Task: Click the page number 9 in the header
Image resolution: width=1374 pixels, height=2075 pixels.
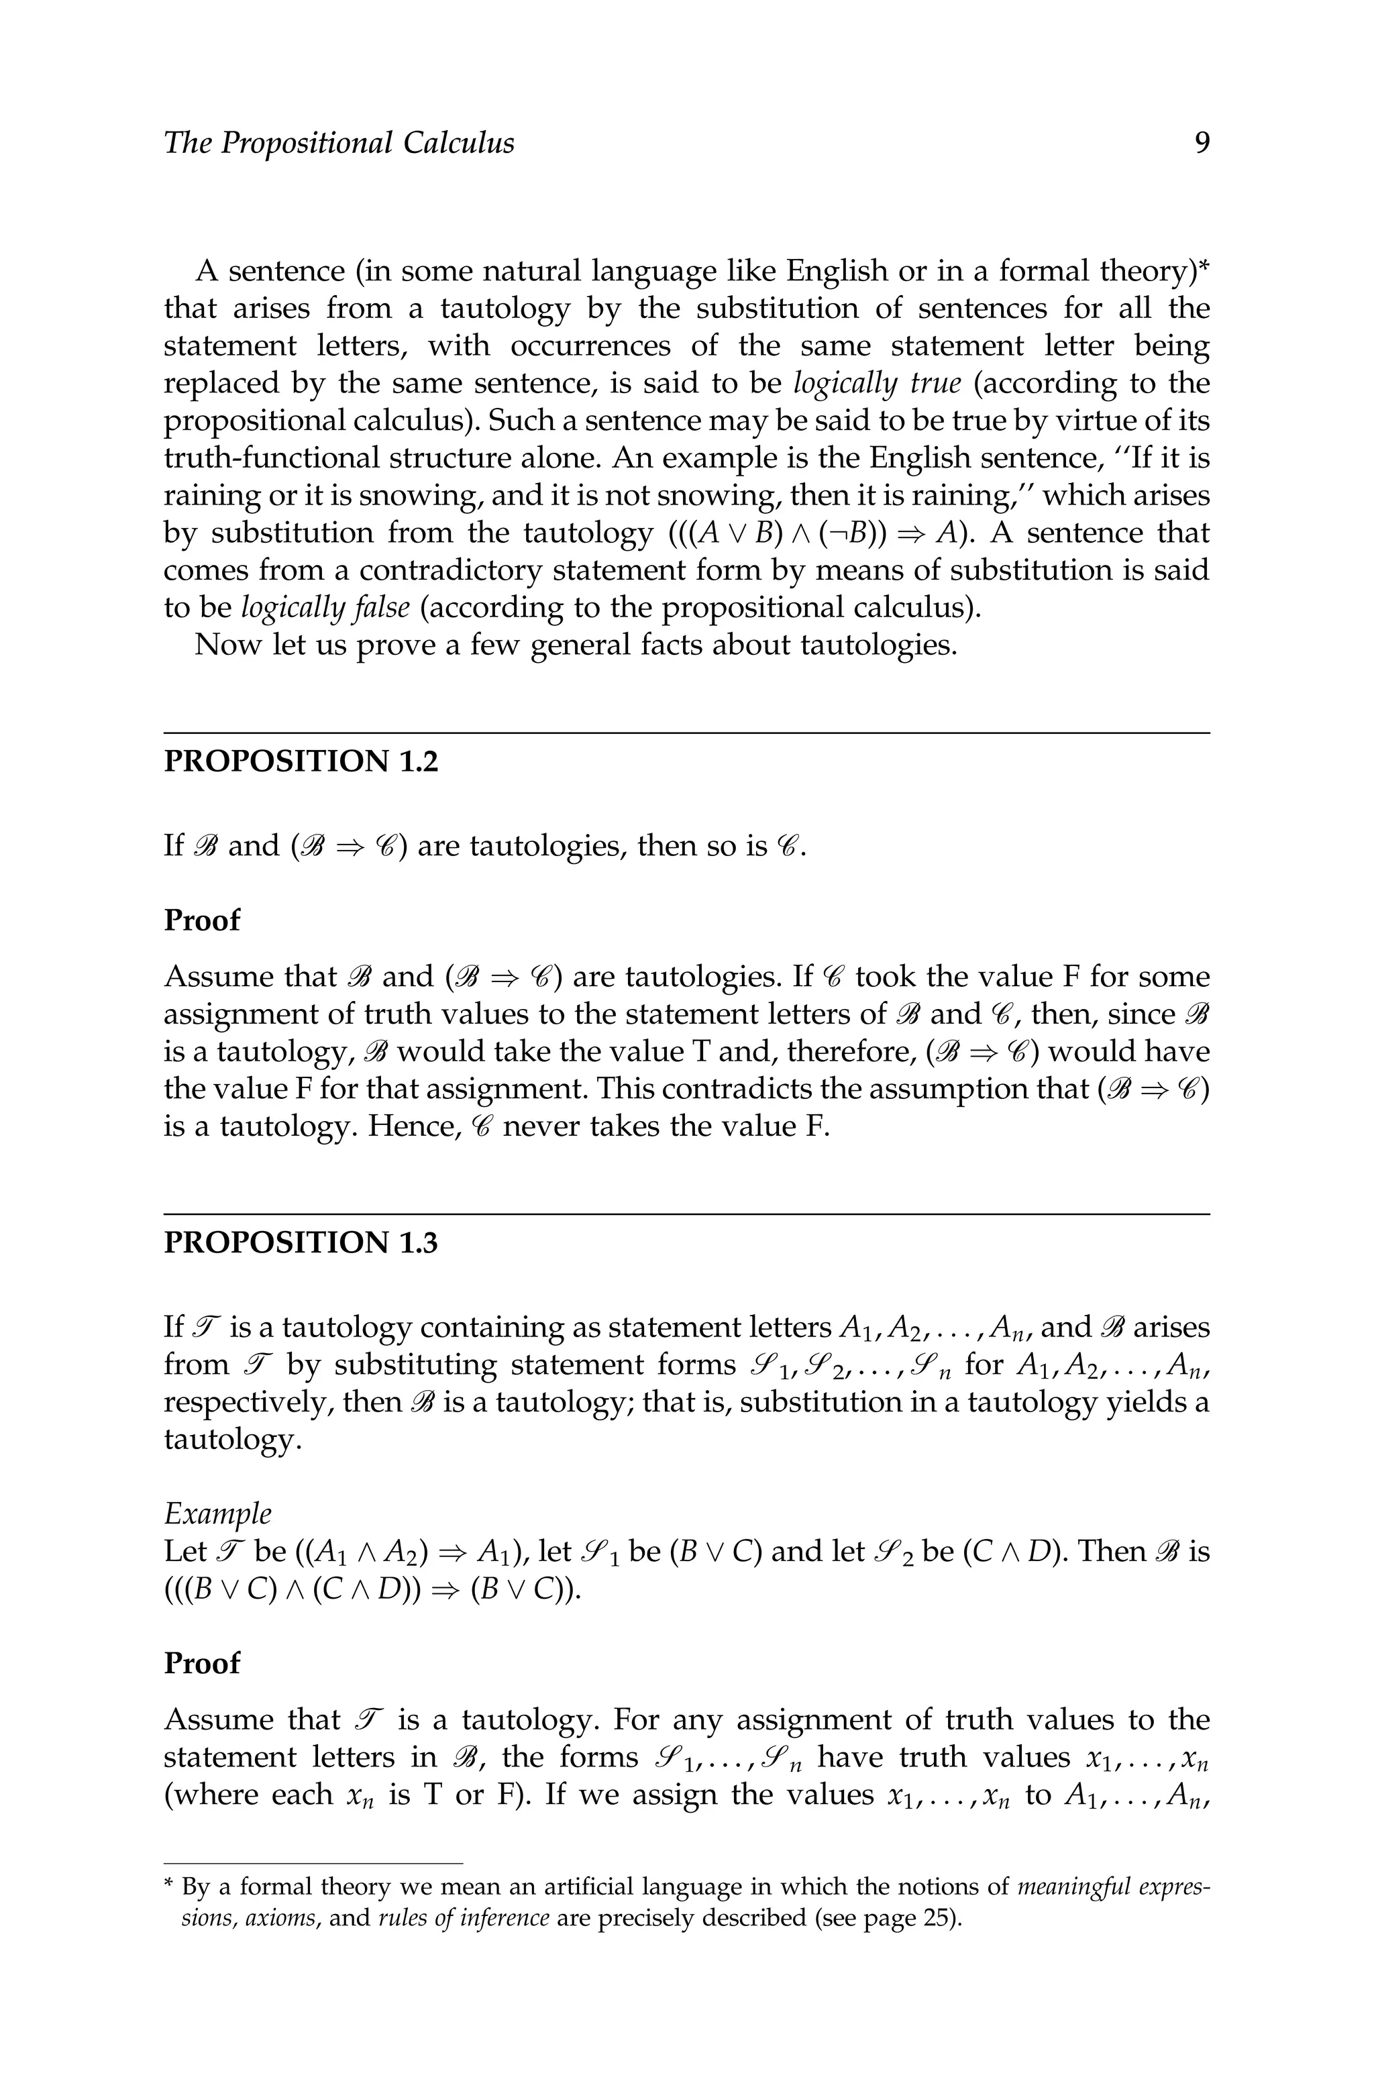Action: (x=1202, y=143)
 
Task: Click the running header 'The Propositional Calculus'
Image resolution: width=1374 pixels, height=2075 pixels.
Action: (x=339, y=143)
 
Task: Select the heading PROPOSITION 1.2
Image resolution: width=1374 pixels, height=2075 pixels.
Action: (x=301, y=761)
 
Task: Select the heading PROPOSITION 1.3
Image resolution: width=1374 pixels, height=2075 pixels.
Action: (x=301, y=1242)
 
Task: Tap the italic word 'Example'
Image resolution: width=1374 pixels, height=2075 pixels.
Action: (x=217, y=1513)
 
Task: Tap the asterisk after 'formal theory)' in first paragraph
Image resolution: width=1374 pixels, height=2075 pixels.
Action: (x=1203, y=266)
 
